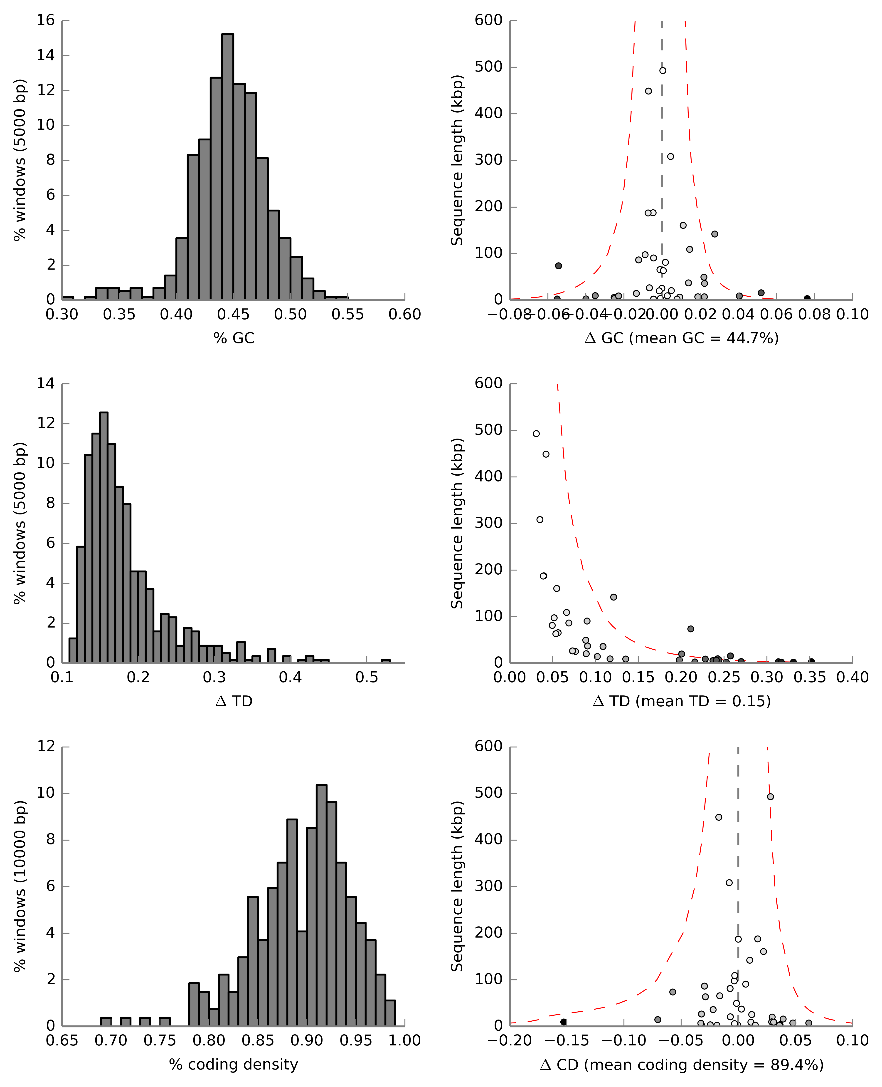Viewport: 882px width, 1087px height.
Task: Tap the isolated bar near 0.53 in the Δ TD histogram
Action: pyautogui.click(x=386, y=661)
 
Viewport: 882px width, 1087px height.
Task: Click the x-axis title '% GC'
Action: pyautogui.click(x=234, y=338)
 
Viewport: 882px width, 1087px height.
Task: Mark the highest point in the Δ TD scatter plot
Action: pyautogui.click(x=536, y=434)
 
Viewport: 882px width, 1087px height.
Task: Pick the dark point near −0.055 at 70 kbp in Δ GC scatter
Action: pyautogui.click(x=558, y=266)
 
